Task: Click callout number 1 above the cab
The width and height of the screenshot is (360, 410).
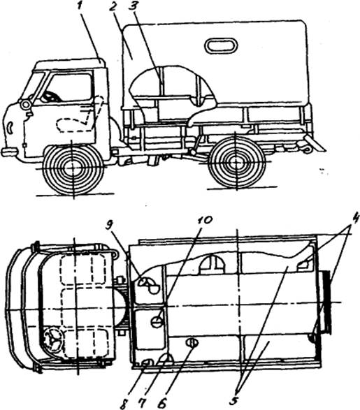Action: coord(82,6)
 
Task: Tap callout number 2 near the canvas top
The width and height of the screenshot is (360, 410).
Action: coord(113,6)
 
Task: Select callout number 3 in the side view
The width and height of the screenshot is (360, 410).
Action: coord(135,6)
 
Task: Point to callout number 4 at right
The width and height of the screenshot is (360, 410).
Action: coord(354,219)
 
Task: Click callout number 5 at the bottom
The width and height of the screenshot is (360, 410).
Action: coord(236,401)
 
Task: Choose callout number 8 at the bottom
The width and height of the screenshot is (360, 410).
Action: coord(124,404)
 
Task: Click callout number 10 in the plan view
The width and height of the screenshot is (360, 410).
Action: coord(204,221)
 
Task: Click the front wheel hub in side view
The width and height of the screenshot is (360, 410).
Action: coord(73,168)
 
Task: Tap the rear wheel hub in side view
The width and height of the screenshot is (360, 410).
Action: coord(236,163)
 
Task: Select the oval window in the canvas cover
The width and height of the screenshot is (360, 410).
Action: coord(221,45)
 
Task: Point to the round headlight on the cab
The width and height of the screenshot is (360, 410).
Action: coord(26,105)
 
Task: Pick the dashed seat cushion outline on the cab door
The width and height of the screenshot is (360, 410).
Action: coord(74,125)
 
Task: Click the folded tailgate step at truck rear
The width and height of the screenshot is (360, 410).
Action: coord(313,145)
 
